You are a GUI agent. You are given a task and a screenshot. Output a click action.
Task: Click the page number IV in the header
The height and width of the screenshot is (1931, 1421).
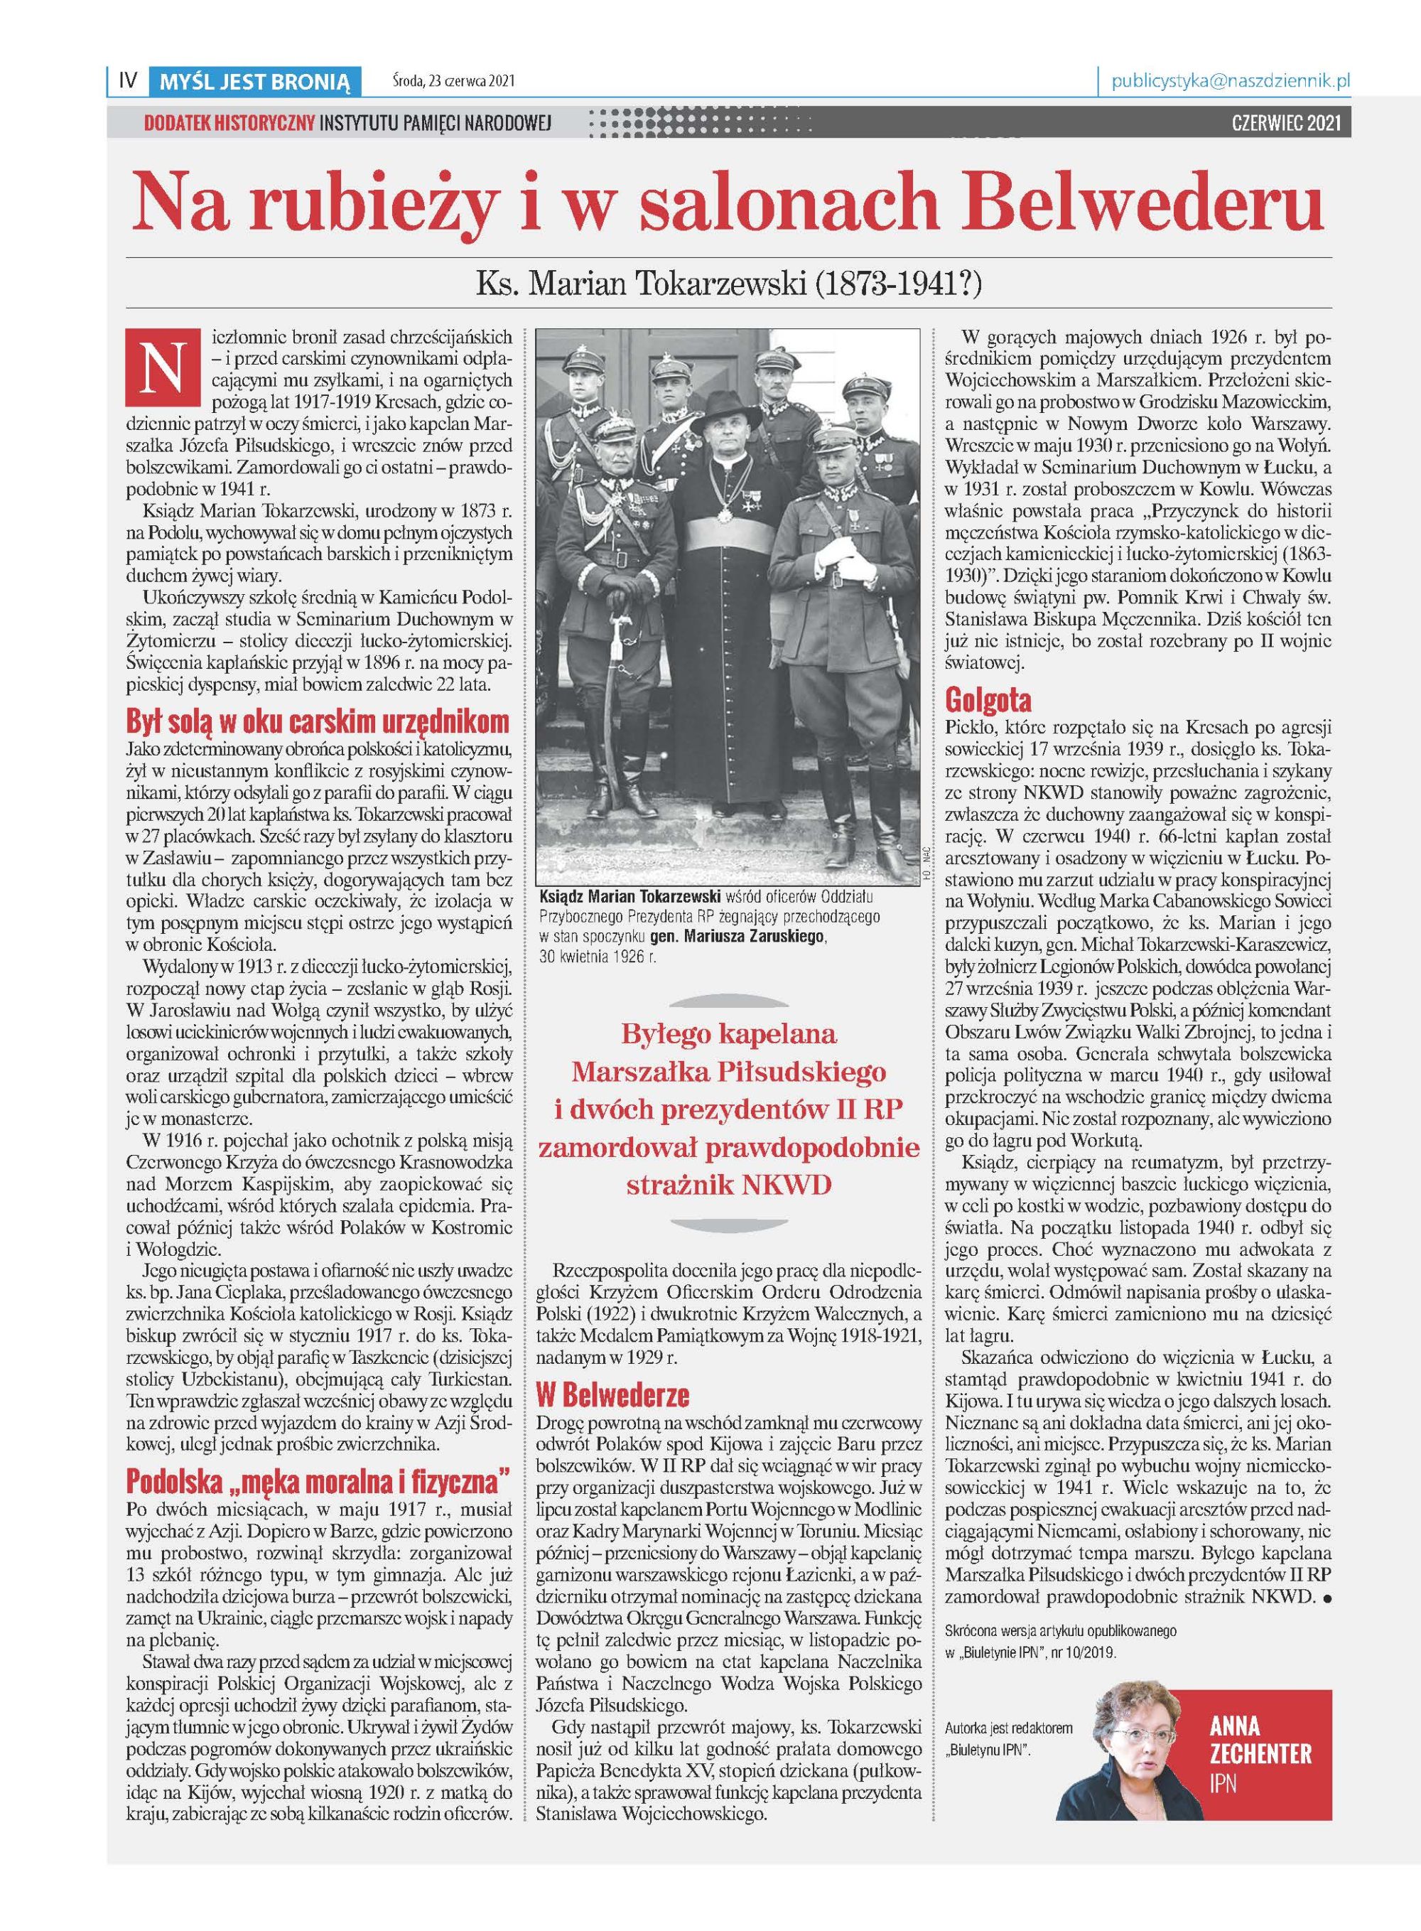point(128,81)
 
